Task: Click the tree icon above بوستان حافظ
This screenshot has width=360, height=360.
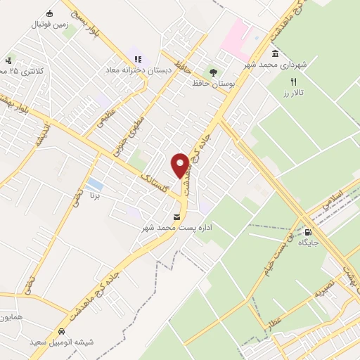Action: [213, 72]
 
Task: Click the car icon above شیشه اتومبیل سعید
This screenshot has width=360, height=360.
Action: [61, 330]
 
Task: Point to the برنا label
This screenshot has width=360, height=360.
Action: [94, 193]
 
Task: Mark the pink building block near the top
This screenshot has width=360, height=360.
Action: [236, 35]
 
